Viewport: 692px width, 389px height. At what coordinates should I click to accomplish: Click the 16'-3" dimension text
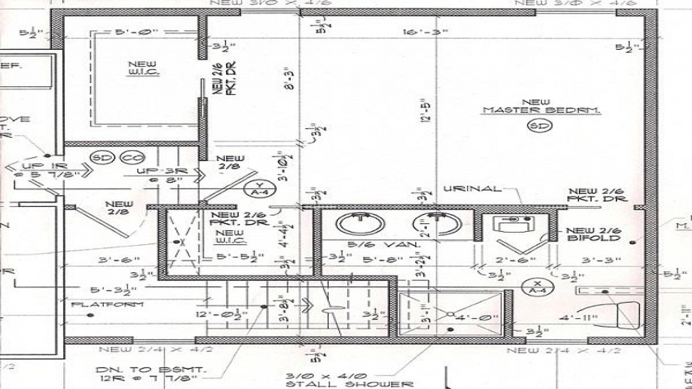(425, 32)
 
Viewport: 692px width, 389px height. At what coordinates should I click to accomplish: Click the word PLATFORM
(108, 305)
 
